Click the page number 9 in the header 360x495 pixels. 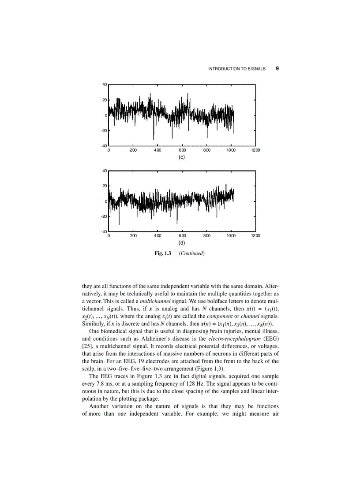277,69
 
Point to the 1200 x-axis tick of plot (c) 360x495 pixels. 255,150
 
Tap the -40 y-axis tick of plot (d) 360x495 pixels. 104,232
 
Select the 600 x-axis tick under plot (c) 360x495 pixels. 182,150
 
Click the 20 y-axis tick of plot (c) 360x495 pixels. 105,100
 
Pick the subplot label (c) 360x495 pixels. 181,157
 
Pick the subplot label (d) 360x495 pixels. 181,243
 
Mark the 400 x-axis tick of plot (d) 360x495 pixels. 157,236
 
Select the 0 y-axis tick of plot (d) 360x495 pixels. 106,201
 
